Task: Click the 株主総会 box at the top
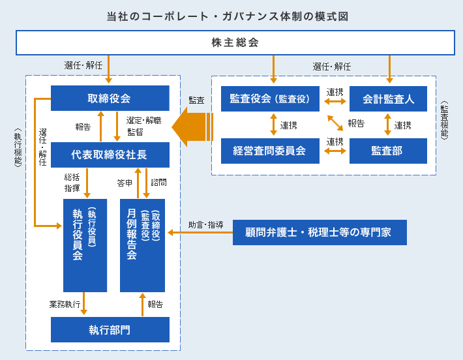(235, 43)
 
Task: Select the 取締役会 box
(110, 98)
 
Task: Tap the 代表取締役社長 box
(110, 155)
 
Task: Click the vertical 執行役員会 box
(84, 245)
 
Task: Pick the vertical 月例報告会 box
(142, 245)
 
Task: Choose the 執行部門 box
(110, 329)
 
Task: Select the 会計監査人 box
(388, 99)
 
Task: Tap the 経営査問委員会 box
(269, 151)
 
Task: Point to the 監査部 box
(388, 151)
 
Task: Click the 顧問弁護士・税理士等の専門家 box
(319, 232)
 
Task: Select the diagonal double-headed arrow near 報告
(335, 123)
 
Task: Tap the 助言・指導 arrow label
(206, 225)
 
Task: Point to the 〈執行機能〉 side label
(17, 148)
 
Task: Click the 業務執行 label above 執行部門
(65, 304)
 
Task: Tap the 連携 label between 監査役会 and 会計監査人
(335, 92)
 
